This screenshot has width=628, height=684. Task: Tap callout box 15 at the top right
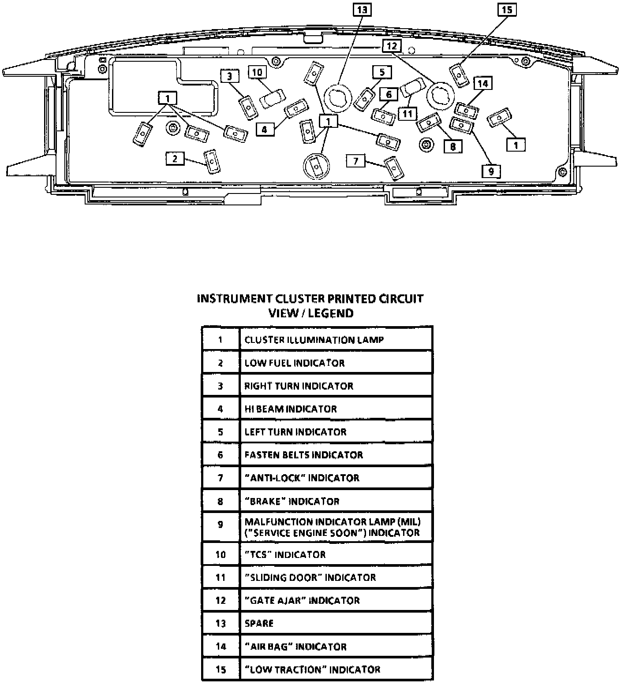(507, 9)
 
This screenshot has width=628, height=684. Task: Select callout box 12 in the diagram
(392, 46)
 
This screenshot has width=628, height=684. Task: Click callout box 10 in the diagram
(257, 73)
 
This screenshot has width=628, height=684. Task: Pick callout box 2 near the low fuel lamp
(175, 159)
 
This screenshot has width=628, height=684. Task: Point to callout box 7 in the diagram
(356, 161)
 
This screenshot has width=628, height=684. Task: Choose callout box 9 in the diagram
(491, 171)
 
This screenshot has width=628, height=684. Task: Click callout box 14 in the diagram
(483, 84)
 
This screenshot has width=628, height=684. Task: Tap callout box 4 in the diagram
(264, 129)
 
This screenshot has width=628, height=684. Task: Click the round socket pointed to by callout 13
(337, 97)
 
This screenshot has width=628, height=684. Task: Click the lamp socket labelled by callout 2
(212, 161)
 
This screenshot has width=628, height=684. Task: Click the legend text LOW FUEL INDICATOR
(295, 363)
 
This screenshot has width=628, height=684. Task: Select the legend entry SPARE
(259, 624)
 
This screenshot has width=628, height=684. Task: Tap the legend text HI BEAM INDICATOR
(291, 409)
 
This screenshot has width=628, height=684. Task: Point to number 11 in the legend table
(221, 578)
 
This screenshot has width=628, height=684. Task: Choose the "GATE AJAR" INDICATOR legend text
(302, 601)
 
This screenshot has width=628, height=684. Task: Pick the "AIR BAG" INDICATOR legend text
(295, 647)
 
